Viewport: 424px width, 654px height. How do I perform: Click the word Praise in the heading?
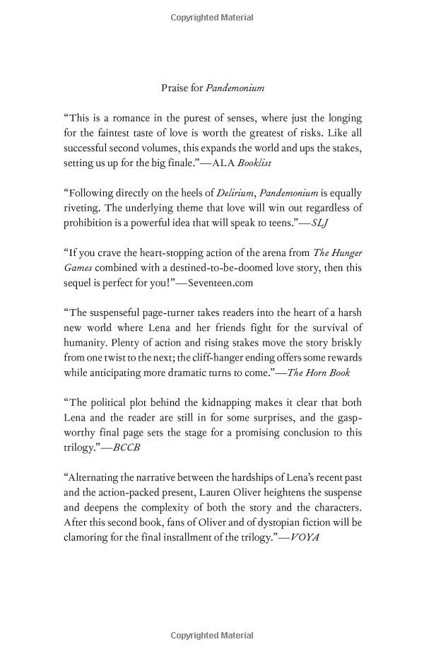[x=175, y=88]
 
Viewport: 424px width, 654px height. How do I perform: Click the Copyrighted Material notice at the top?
[x=211, y=15]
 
